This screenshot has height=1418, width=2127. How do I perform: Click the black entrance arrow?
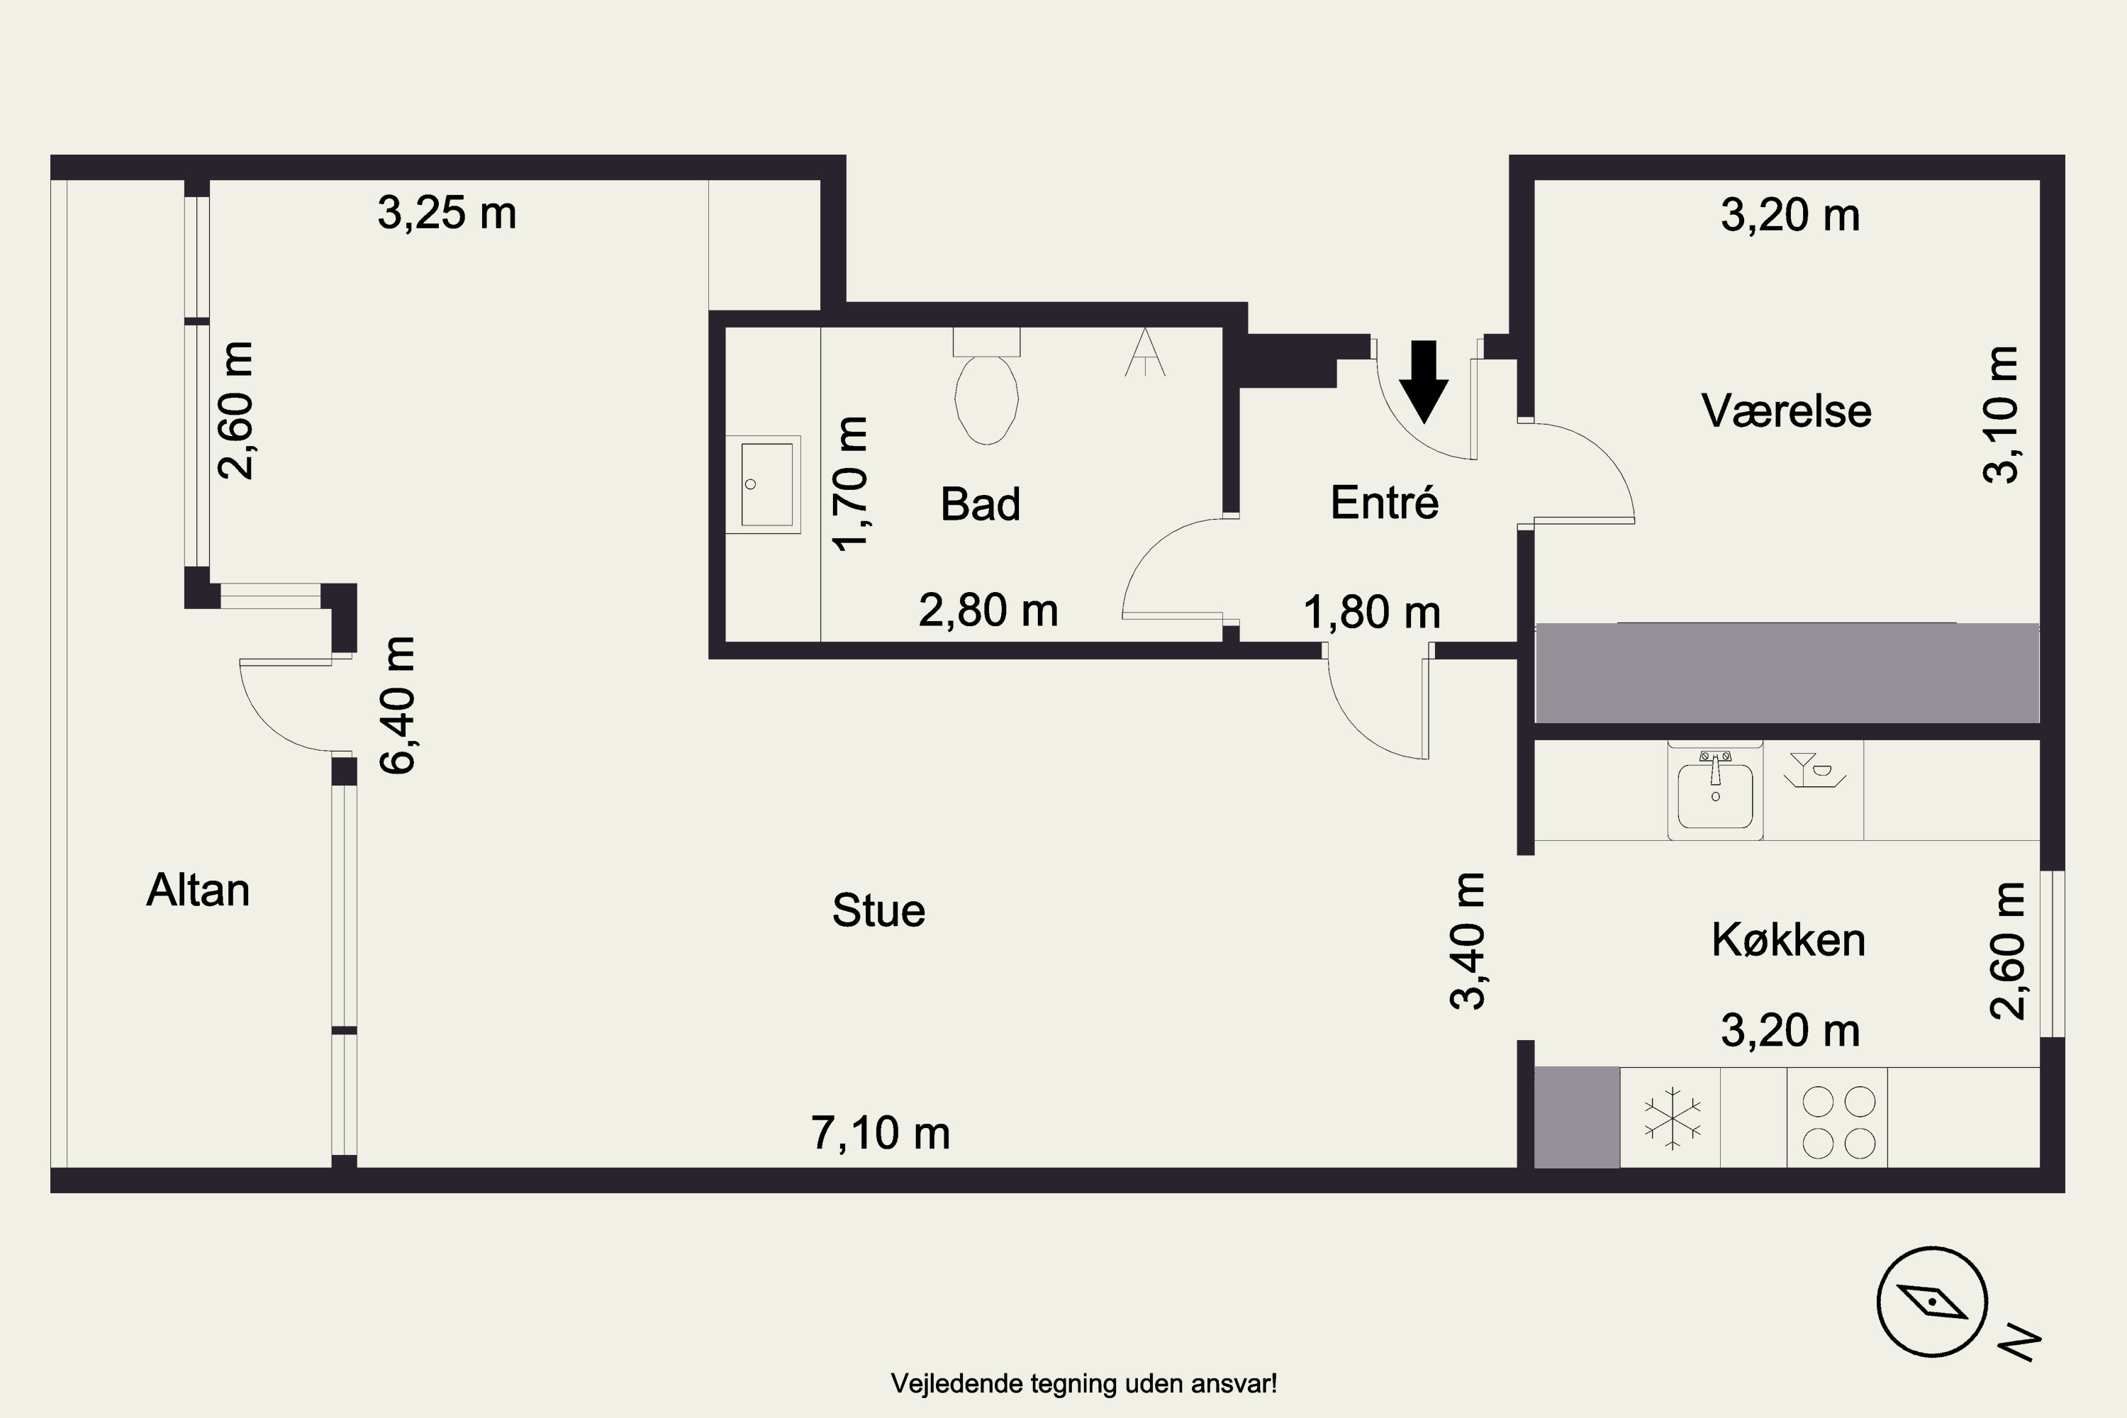[x=1424, y=381]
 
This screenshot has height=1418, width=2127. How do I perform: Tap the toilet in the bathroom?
[x=987, y=386]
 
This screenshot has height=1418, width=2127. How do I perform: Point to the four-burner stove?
[x=1838, y=1122]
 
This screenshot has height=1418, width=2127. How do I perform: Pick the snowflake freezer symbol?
[x=1671, y=1119]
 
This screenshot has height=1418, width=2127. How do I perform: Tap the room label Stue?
[x=878, y=910]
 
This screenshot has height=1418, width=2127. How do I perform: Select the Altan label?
[x=198, y=891]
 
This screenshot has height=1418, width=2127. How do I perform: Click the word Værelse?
[x=1786, y=411]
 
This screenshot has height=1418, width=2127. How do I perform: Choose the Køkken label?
[x=1788, y=941]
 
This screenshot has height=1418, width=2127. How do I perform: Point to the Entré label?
[x=1385, y=503]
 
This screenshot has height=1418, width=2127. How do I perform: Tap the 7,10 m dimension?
[x=881, y=1133]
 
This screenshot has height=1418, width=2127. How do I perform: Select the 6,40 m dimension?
[x=398, y=705]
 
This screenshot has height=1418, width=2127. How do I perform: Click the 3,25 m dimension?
[x=447, y=213]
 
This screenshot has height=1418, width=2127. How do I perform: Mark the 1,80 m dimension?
[x=1372, y=613]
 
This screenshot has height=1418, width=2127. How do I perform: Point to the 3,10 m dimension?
[x=2000, y=415]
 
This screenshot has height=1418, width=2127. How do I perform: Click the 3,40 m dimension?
[x=1467, y=942]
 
